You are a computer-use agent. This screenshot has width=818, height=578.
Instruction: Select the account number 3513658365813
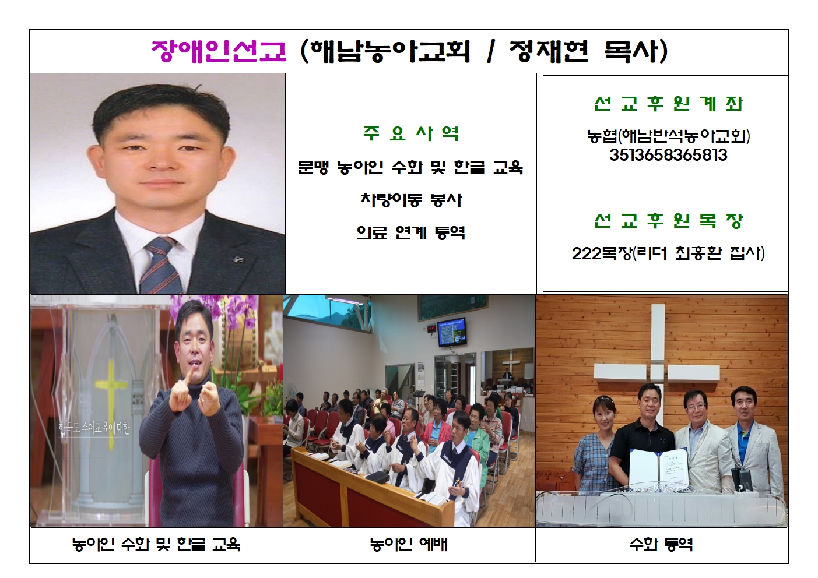[x=668, y=155]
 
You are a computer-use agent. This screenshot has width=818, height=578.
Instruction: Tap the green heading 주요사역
[x=411, y=133]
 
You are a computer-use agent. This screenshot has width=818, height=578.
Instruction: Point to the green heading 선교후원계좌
[x=668, y=104]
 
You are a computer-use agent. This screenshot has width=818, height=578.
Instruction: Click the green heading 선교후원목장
[x=668, y=220]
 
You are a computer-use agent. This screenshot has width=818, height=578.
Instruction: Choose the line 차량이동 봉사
[x=411, y=200]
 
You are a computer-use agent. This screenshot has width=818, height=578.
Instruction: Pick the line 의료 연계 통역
[x=411, y=232]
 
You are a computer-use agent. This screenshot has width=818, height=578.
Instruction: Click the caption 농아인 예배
[x=409, y=545]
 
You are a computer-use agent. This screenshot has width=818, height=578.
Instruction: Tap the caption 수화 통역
[x=661, y=545]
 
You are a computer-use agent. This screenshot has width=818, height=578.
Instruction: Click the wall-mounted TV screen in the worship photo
[x=452, y=331]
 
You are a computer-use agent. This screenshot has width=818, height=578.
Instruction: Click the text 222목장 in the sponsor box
[x=602, y=253]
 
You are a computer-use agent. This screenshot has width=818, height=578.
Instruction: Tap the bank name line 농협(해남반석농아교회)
[x=668, y=136]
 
